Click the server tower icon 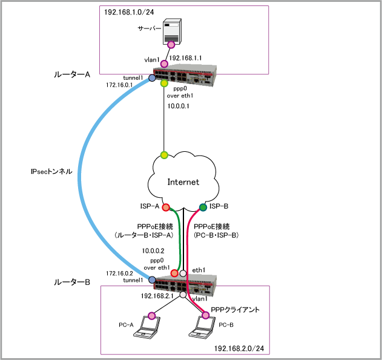pyautogui.click(x=172, y=31)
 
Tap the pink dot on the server pyautogui.click(x=171, y=45)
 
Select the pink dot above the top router pyautogui.click(x=164, y=64)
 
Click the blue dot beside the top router pyautogui.click(x=152, y=78)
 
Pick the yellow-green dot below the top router pyautogui.click(x=164, y=83)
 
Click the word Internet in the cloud pyautogui.click(x=183, y=182)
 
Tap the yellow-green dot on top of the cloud pyautogui.click(x=164, y=155)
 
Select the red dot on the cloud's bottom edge pyautogui.click(x=166, y=208)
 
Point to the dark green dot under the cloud pyautogui.click(x=203, y=208)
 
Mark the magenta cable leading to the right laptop pyautogui.click(x=188, y=254)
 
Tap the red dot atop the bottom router pyautogui.click(x=174, y=273)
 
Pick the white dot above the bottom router pyautogui.click(x=183, y=273)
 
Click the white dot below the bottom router pyautogui.click(x=183, y=295)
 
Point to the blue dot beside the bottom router pyautogui.click(x=152, y=280)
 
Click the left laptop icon pyautogui.click(x=147, y=327)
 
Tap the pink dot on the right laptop pyautogui.click(x=206, y=315)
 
